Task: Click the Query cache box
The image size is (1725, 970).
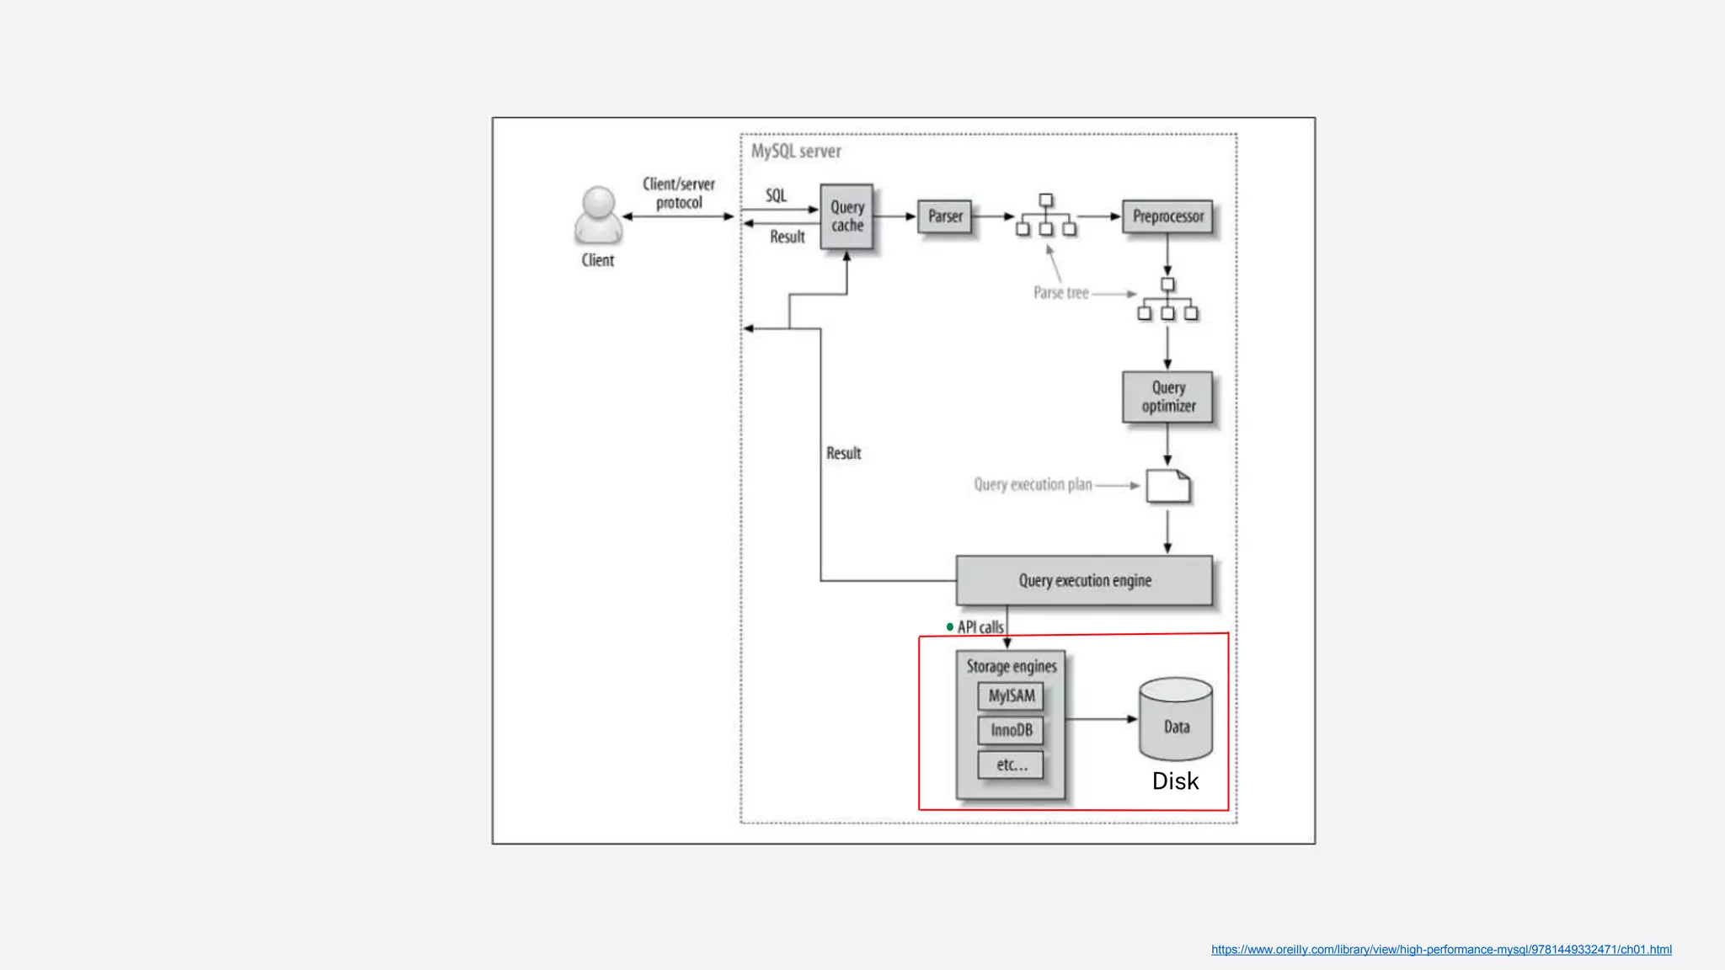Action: (846, 216)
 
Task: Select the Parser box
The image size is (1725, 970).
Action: (945, 216)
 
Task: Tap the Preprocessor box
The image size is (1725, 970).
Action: (1167, 216)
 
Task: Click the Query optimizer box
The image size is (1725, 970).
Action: (1167, 397)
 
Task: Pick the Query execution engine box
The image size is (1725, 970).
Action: (1084, 580)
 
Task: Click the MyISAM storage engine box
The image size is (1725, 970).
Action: (1011, 696)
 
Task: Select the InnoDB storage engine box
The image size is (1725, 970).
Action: (1011, 730)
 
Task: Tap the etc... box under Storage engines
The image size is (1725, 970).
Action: (1011, 765)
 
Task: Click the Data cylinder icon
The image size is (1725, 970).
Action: (1176, 720)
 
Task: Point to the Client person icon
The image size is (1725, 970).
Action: (598, 216)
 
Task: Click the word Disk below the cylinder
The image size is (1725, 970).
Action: (1175, 781)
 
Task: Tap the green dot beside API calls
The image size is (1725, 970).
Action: (950, 626)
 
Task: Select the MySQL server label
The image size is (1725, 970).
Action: (796, 152)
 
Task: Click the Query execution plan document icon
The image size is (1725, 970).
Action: (1168, 487)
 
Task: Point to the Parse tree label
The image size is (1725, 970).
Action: (1060, 293)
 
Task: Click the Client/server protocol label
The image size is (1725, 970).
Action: (679, 194)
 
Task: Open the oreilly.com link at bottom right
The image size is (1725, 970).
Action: (1441, 950)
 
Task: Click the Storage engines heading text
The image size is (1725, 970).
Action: (1011, 666)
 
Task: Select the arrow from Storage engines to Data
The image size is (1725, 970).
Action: (1101, 719)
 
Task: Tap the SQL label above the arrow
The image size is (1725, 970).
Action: (776, 196)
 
